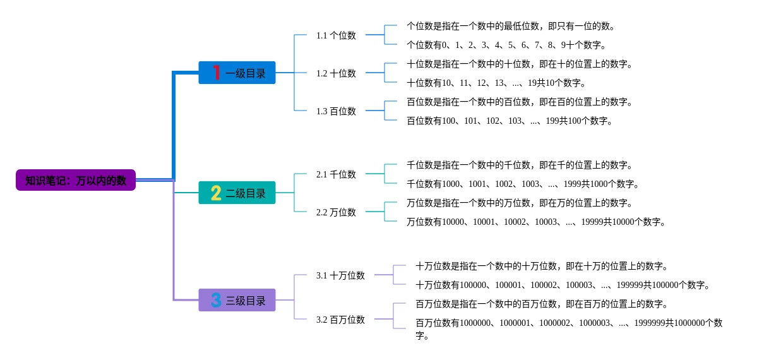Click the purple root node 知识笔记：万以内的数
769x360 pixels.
point(76,181)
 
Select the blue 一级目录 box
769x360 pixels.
point(237,73)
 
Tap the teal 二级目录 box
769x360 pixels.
point(237,193)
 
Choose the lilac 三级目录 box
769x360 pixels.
point(237,301)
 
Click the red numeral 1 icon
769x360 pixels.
point(216,73)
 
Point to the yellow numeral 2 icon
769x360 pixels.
point(216,193)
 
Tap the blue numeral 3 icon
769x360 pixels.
point(216,301)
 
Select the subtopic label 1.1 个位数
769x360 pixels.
point(336,35)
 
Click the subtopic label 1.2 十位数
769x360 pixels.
point(336,73)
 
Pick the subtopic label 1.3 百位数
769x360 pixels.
point(336,111)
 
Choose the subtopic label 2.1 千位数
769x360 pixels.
point(336,174)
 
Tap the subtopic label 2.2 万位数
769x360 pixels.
point(336,212)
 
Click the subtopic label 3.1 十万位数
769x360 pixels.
point(340,275)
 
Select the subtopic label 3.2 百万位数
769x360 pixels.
point(340,320)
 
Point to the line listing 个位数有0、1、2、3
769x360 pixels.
point(506,45)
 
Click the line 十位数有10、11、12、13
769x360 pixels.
point(496,83)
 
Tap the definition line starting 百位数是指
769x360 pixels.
point(520,102)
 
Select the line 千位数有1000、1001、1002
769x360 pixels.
point(523,184)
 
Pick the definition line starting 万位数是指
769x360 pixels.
point(520,203)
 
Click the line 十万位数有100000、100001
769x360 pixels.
point(563,285)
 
